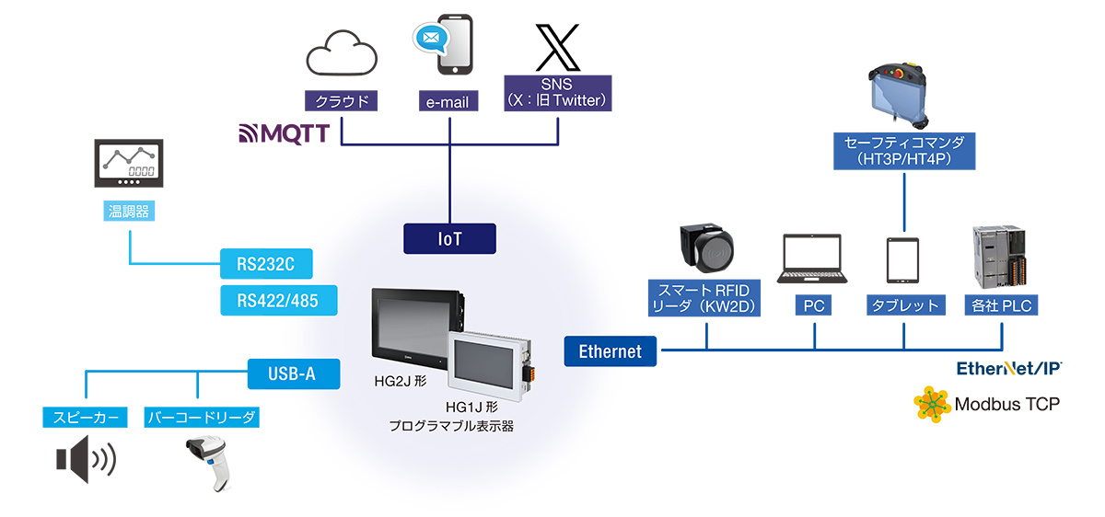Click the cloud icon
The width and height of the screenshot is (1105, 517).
tap(342, 53)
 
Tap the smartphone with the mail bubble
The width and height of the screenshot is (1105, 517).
tap(444, 44)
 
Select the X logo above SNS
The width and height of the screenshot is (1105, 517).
tap(557, 47)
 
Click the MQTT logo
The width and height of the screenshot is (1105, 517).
tap(285, 133)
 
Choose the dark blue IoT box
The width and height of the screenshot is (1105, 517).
tap(449, 239)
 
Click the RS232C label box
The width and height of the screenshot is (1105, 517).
tap(266, 264)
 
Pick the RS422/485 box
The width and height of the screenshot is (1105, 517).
tap(278, 300)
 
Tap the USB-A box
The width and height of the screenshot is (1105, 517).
tap(294, 373)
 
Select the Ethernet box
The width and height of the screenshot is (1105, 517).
tap(611, 351)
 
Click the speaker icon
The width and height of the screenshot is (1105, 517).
tap(86, 459)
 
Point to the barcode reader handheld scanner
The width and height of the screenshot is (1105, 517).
tap(210, 463)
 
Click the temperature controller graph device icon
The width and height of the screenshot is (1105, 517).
tap(129, 163)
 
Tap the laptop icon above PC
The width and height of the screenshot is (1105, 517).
tap(812, 258)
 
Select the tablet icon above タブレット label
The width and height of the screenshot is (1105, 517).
tap(902, 260)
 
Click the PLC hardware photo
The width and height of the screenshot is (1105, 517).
tap(999, 257)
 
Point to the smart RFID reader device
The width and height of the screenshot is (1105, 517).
tap(706, 247)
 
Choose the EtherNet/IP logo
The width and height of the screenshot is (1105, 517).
tap(1009, 368)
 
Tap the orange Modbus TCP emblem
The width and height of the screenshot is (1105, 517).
tap(932, 404)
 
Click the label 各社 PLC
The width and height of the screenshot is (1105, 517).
tap(1002, 305)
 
